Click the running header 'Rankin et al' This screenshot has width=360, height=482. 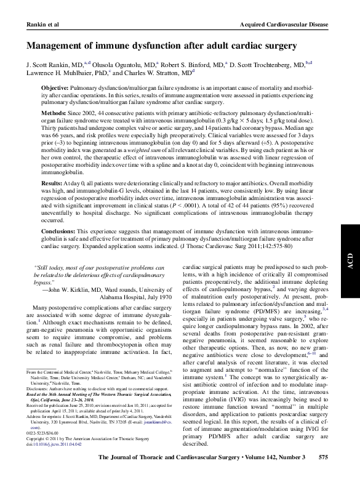[x=28, y=24]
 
